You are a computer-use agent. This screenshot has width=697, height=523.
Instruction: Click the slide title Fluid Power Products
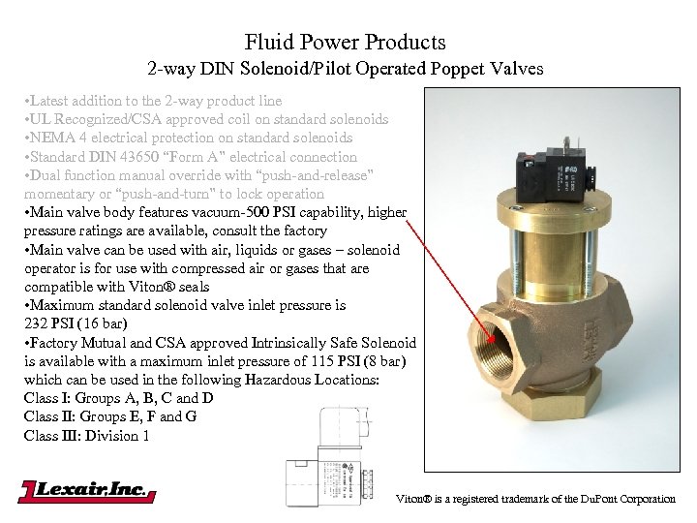[x=345, y=43]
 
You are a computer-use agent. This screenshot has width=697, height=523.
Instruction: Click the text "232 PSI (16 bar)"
[x=80, y=323]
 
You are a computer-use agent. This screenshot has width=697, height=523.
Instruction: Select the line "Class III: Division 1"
[x=87, y=435]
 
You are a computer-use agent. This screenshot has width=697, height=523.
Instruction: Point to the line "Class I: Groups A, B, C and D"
[x=118, y=398]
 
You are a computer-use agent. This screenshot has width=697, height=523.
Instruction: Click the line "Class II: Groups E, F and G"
[x=109, y=416]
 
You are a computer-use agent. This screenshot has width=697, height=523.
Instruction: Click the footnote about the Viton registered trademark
[x=535, y=499]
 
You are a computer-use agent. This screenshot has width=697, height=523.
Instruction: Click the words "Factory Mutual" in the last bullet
[x=78, y=343]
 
